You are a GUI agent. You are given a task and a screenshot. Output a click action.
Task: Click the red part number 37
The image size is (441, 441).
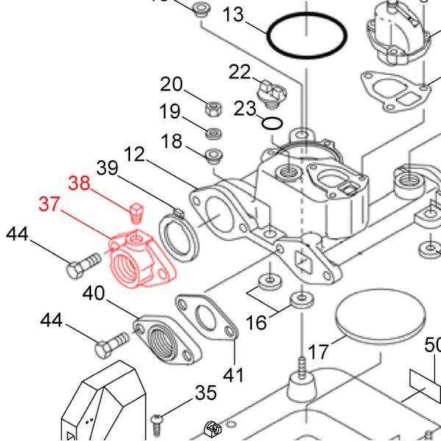[x=49, y=204]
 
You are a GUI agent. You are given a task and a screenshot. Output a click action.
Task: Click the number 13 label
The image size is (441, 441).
[x=232, y=14]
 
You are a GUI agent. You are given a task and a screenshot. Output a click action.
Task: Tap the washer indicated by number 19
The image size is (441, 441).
[x=213, y=133]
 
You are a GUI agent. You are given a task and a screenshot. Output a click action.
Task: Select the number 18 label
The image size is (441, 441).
[x=171, y=140]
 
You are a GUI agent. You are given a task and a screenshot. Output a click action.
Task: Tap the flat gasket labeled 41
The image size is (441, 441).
[x=207, y=318]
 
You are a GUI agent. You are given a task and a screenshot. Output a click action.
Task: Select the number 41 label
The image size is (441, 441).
[x=233, y=375]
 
